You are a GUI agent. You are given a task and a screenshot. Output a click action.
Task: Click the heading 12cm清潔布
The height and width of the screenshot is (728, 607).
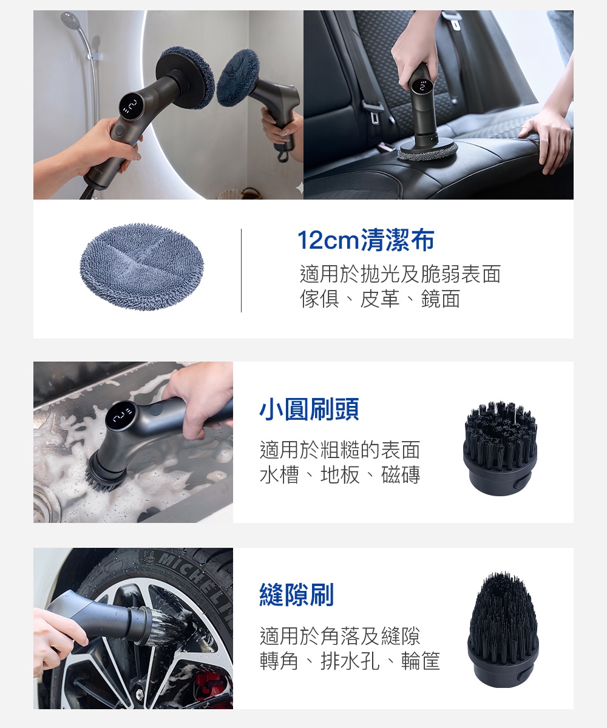coord(366,240)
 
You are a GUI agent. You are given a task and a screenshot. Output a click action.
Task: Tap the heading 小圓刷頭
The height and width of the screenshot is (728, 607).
coord(309,409)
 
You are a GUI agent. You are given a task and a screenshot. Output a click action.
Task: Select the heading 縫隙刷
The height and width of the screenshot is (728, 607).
coord(297,595)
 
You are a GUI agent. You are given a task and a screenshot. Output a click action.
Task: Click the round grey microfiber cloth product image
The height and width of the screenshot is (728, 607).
coord(141,267)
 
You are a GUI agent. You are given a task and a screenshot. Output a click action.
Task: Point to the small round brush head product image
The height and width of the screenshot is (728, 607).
coord(500,448)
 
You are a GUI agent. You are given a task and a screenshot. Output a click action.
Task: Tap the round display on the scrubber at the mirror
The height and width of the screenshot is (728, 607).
coord(132,106)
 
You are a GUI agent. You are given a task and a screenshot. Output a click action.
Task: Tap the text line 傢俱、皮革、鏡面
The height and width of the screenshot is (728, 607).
coord(380,298)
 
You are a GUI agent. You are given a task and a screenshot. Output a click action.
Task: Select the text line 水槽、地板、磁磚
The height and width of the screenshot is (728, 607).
coord(340,475)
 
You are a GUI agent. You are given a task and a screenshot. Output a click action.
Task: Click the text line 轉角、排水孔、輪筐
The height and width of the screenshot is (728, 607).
coord(350,661)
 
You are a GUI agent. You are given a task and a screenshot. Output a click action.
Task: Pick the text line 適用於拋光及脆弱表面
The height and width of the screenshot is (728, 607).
coord(401,274)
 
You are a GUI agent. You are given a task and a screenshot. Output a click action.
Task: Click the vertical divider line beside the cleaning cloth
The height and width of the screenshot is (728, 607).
coord(241,270)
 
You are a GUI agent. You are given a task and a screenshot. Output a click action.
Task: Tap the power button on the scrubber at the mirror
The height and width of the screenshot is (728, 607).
coord(119,131)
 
